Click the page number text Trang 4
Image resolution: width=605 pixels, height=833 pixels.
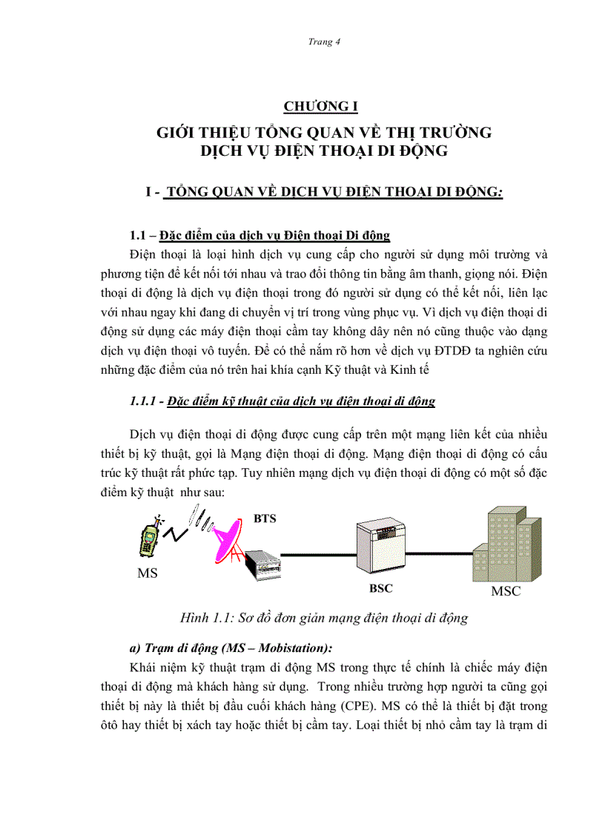[323, 42]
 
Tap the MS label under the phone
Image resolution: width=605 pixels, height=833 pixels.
[148, 573]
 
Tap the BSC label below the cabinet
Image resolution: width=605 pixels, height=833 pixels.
[381, 588]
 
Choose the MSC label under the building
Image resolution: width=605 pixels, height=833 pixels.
[506, 591]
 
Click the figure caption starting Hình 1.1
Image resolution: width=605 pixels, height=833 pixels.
[324, 617]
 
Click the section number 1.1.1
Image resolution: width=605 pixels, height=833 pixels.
[145, 401]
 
